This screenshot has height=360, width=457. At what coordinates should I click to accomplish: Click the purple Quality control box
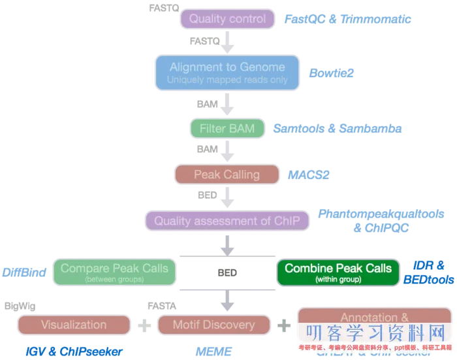click(227, 19)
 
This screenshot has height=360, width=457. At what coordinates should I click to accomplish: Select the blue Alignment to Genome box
click(227, 72)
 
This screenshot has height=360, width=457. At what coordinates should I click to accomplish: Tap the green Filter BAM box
click(227, 128)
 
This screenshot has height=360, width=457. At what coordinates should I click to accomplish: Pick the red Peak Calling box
click(227, 174)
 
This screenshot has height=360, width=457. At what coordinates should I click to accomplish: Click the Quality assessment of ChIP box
click(227, 221)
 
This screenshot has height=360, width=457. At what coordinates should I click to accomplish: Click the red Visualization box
click(73, 325)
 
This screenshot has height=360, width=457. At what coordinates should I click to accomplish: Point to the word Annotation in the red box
click(368, 318)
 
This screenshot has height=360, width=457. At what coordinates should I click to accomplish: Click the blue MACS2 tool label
click(308, 175)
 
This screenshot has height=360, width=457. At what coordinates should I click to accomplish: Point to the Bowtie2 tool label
click(331, 73)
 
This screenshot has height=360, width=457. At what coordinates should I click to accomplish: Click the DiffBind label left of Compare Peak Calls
click(24, 272)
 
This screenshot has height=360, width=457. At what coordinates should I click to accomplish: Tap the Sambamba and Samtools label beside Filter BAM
click(336, 129)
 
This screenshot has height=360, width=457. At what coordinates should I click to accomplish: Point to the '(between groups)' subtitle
click(114, 280)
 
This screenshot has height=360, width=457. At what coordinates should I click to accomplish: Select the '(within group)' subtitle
click(338, 280)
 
